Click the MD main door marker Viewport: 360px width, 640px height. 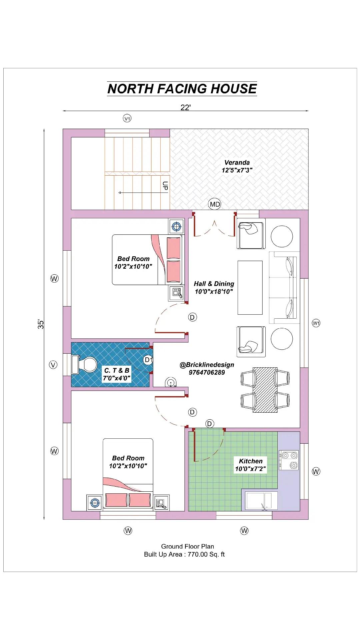coord(215,204)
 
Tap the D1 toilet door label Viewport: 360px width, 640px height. coord(148,360)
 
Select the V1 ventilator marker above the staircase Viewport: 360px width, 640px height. coord(127,118)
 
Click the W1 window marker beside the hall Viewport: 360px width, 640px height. coord(316,323)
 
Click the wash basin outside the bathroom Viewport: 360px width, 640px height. coord(171,383)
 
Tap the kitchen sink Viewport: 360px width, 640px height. coord(261,501)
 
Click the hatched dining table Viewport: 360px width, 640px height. coord(265,390)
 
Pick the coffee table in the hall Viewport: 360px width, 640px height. coord(250,287)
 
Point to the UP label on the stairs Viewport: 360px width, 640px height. coord(165,186)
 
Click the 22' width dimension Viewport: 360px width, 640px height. coord(186,107)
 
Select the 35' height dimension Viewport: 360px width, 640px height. coord(40,324)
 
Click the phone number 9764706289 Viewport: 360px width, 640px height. coord(207,372)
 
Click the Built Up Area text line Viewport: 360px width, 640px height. coord(184,554)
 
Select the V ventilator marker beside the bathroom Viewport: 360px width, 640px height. coord(53,365)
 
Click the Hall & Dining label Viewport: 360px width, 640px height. coord(214,284)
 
